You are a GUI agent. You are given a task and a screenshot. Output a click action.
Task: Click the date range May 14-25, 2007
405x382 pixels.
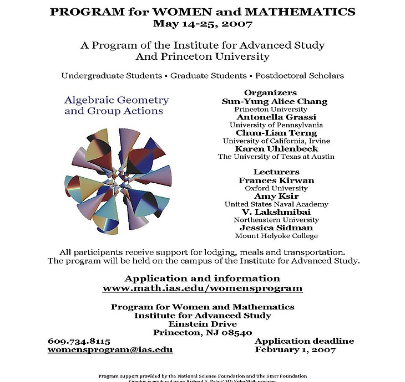(x=202, y=24)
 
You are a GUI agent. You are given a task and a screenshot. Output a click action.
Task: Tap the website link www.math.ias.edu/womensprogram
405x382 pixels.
(x=202, y=288)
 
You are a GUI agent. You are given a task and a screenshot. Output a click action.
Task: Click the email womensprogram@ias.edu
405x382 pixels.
(x=110, y=350)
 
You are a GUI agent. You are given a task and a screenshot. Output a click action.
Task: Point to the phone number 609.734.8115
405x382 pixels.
(x=79, y=341)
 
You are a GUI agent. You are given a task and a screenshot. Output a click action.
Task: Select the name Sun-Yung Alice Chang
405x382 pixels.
(x=274, y=101)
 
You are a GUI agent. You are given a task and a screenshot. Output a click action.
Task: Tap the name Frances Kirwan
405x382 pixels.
(x=276, y=180)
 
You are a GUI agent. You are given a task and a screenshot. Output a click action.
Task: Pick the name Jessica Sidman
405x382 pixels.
(x=276, y=228)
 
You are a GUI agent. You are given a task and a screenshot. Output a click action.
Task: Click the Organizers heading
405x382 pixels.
(x=270, y=92)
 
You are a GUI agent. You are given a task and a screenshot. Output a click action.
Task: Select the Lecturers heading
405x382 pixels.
(x=276, y=172)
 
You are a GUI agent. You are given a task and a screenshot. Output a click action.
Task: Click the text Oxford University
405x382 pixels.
(x=276, y=188)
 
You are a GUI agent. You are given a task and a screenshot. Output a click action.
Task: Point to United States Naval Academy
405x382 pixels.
(x=276, y=204)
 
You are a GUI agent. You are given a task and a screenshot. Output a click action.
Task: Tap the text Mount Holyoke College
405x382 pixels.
(x=276, y=236)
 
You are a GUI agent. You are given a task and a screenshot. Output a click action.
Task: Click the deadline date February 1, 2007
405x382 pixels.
(x=295, y=350)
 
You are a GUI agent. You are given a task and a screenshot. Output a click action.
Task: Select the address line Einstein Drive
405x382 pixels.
(x=202, y=324)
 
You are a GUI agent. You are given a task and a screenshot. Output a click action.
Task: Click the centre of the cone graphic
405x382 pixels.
(x=118, y=177)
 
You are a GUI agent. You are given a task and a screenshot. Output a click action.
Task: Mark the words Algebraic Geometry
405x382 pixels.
(x=117, y=100)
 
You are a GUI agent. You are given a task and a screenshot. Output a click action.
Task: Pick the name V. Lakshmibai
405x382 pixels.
(x=276, y=212)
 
